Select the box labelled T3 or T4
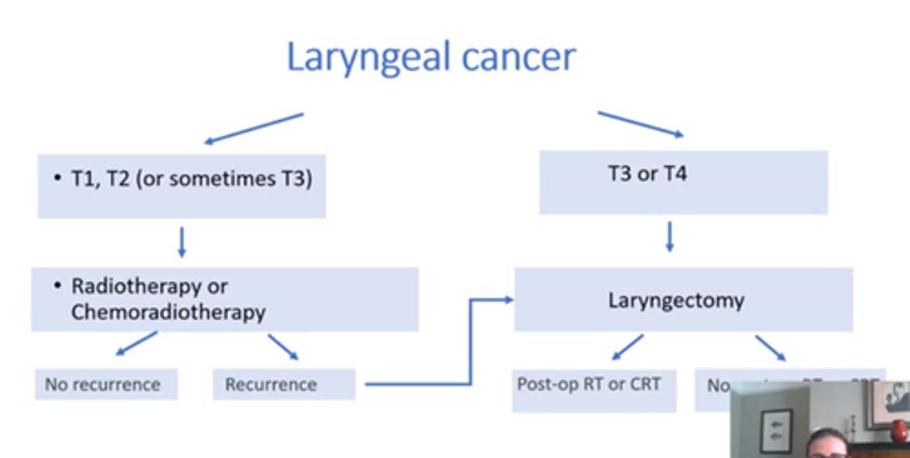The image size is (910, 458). (683, 182)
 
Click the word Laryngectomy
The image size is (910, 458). (676, 300)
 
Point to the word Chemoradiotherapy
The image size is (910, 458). (168, 312)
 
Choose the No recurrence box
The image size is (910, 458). (106, 385)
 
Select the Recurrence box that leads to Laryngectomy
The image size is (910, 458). (284, 385)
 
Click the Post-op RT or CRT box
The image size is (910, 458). (593, 391)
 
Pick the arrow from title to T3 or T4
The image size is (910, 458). (640, 124)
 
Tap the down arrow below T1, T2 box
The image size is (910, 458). (182, 242)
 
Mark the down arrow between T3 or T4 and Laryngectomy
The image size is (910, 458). (670, 236)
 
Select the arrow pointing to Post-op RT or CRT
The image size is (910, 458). (628, 347)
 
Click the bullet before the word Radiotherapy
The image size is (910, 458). (58, 286)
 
